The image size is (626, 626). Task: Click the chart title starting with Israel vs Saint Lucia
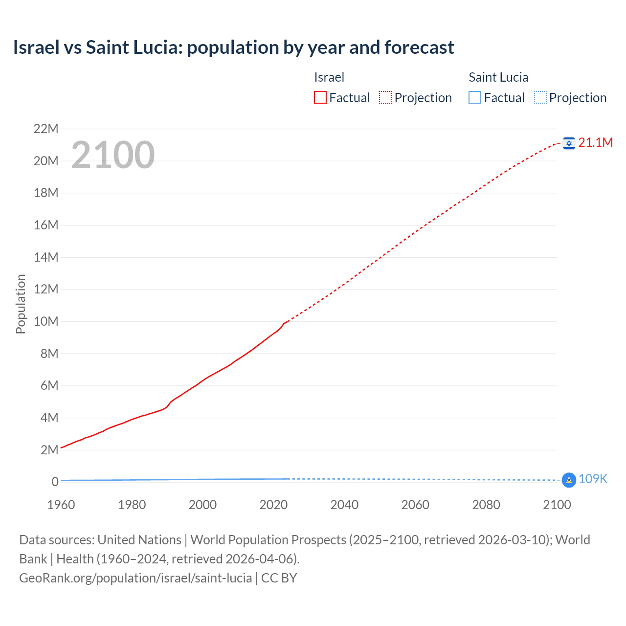pos(233,47)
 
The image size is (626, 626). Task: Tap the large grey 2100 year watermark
pos(113,155)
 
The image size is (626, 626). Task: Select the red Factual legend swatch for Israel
pos(320,97)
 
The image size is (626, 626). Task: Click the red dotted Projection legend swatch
pos(385,97)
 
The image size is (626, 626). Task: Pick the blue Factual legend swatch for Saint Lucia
pos(475,97)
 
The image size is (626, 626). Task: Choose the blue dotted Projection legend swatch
pos(540,97)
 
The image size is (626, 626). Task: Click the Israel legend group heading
pos(329,77)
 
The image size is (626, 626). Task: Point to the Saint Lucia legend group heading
pos(498,77)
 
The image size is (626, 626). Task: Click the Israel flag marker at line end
pos(569,143)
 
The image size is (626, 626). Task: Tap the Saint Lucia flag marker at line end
pos(569,480)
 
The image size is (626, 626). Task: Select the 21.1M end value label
pos(595,142)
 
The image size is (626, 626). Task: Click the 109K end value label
pos(593,479)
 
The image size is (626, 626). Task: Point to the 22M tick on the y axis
pos(46,129)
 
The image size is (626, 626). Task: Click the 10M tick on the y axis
pos(46,321)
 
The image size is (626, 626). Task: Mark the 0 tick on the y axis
pos(55,482)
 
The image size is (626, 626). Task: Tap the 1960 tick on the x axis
pos(61,505)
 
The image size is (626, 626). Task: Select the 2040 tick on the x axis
pos(344,505)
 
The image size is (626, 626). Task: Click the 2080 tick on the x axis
pos(486,505)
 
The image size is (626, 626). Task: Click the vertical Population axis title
pos(21,304)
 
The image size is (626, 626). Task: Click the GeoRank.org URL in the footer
pos(135,578)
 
